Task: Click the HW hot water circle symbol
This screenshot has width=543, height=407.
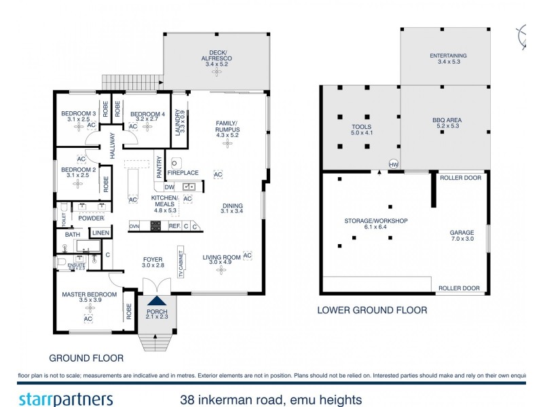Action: point(393,163)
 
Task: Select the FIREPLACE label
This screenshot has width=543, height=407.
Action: point(183,172)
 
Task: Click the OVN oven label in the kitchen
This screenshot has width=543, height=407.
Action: point(134,226)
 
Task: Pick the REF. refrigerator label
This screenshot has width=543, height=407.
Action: point(174,226)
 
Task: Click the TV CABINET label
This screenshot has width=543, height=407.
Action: point(181,261)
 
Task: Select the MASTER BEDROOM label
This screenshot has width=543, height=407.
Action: point(90,294)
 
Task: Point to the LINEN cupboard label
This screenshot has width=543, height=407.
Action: point(101,233)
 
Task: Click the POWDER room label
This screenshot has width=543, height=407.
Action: point(91,218)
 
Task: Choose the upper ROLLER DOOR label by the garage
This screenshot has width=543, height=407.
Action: point(460,178)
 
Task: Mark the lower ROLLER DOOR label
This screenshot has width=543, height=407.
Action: point(459,288)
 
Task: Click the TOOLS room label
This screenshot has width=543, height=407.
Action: point(361,126)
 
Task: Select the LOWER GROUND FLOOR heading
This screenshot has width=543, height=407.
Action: point(372,310)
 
